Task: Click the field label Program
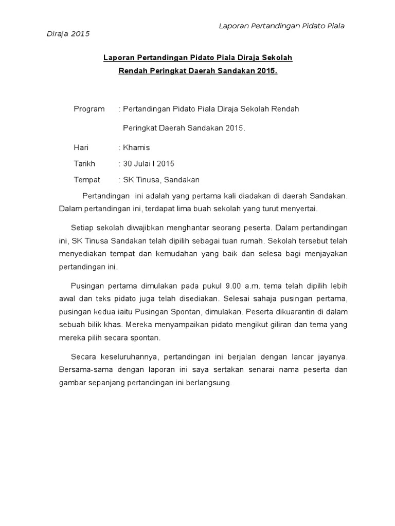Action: click(89, 109)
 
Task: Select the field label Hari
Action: click(81, 148)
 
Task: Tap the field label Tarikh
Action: click(84, 164)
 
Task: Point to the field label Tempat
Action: click(87, 180)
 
